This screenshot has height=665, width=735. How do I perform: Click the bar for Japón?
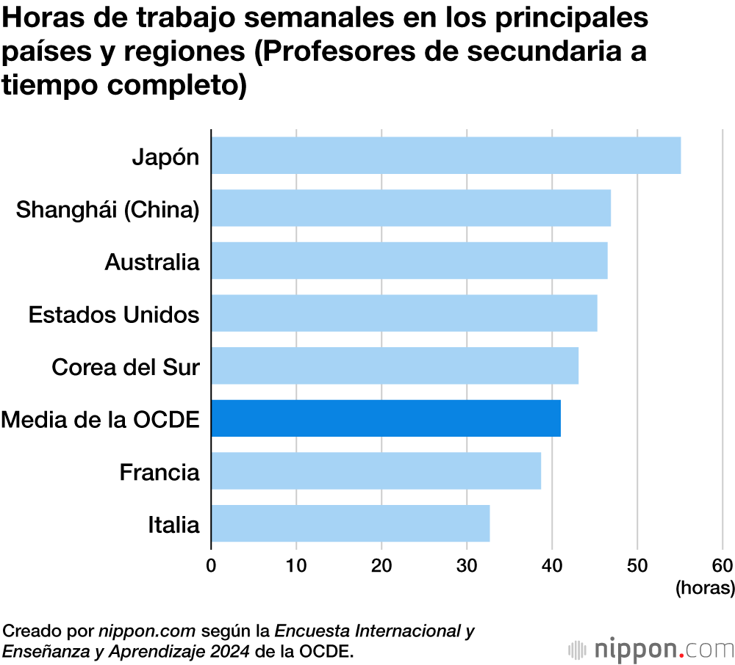(445, 156)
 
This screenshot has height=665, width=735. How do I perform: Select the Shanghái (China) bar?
(411, 208)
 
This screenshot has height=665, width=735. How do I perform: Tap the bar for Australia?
(409, 261)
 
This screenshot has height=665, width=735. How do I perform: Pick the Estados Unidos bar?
(404, 314)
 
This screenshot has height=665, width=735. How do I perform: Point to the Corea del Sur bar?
(395, 366)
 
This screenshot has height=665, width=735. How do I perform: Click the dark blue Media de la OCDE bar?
(386, 418)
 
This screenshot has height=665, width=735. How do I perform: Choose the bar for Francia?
(376, 471)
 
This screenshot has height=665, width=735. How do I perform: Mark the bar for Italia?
(351, 524)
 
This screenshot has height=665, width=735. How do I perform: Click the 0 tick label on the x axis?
(211, 565)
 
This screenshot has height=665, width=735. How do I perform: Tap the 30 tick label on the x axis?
(467, 565)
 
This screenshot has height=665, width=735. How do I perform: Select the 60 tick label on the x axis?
(722, 565)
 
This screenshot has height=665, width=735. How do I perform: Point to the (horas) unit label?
(704, 588)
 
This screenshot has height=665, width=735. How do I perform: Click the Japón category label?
(165, 157)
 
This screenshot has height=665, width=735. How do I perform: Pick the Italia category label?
(173, 525)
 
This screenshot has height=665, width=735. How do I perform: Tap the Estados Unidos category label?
(114, 315)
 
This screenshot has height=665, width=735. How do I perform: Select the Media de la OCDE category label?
(101, 420)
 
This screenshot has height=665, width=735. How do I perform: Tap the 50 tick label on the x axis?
(637, 565)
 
